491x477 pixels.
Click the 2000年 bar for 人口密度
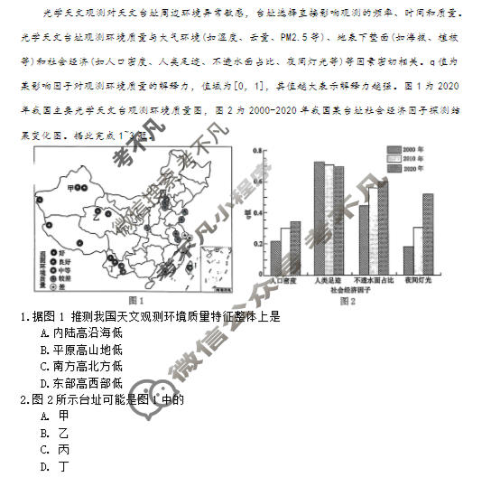coord(275,258)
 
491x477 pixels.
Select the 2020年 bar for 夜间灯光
coord(428,235)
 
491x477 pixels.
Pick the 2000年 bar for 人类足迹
coord(319,219)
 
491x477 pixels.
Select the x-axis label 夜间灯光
coord(418,282)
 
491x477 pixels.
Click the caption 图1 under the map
coord(137,300)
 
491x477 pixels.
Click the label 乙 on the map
coord(92,217)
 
